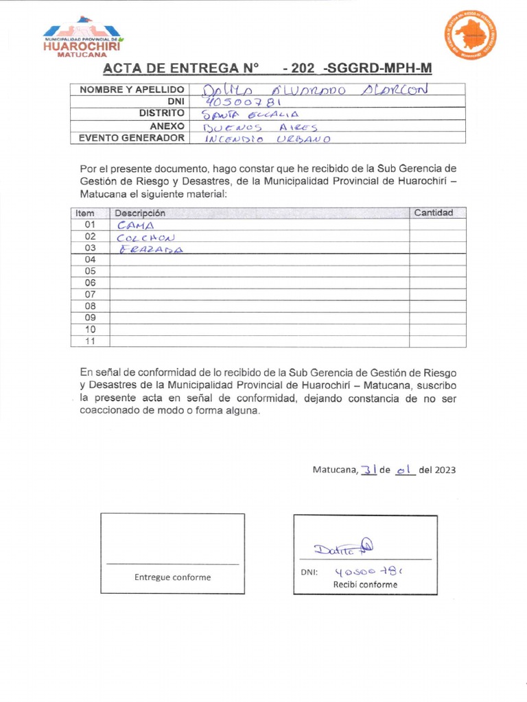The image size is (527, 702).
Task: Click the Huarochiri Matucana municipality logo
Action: pyautogui.click(x=82, y=36)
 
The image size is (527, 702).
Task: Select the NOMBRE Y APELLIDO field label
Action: pyautogui.click(x=132, y=90)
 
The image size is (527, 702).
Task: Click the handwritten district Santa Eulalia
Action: pyautogui.click(x=249, y=114)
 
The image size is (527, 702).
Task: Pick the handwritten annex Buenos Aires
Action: pyautogui.click(x=261, y=126)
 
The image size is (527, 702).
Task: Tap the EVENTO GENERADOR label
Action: pyautogui.click(x=132, y=138)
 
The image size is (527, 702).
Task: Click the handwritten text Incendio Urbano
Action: pyautogui.click(x=268, y=138)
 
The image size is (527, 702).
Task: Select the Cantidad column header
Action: pyautogui.click(x=434, y=213)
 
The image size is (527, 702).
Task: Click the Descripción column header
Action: pyautogui.click(x=140, y=213)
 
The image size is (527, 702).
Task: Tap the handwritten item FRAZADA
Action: pyautogui.click(x=151, y=249)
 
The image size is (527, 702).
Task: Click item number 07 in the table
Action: pyautogui.click(x=90, y=294)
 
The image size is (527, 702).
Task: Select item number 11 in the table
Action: pyautogui.click(x=90, y=341)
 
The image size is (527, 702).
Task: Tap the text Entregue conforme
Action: pyautogui.click(x=172, y=577)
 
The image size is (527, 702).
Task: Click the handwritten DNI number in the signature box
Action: pyautogui.click(x=368, y=571)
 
